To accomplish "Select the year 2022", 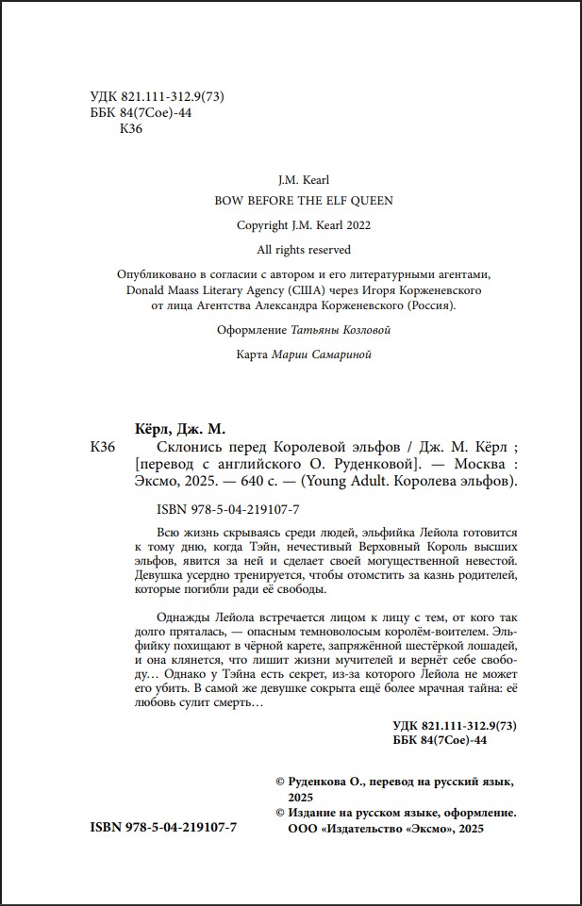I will (x=358, y=225).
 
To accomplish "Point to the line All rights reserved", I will (x=303, y=250).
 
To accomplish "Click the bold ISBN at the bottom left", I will (x=163, y=826).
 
